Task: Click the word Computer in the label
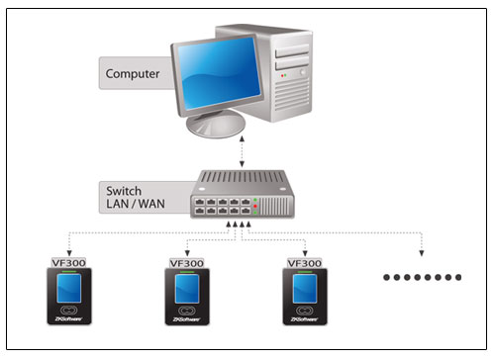coord(133,74)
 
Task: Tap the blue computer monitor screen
coord(219,74)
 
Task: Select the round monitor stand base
coord(216,124)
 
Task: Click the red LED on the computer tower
coord(282,75)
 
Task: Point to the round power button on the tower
coord(302,72)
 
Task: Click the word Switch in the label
coord(124,191)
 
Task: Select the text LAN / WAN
coord(136,204)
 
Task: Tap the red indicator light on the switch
coord(255,206)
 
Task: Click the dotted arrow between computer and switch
coord(242,151)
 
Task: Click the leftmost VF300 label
coord(69,263)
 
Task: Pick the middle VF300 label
coord(187,263)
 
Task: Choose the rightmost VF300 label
coord(305,263)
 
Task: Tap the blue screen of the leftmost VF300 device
coord(69,289)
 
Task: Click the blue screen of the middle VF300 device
coord(187,289)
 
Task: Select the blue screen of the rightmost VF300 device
coord(305,289)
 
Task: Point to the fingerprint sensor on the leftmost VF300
coord(69,311)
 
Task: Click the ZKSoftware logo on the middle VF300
coord(187,319)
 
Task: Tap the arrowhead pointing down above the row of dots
coord(422,253)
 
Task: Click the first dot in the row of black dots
coord(386,277)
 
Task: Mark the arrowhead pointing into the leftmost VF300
coord(69,253)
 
